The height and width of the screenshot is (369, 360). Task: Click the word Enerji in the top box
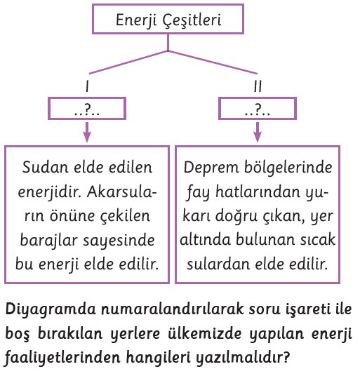point(136,21)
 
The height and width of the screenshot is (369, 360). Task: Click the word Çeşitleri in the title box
point(192,21)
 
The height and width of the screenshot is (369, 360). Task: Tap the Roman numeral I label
point(87,86)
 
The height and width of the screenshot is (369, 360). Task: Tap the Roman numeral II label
point(258,86)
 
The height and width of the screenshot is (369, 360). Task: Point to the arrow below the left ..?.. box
point(87,132)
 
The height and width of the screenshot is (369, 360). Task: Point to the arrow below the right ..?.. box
point(258,132)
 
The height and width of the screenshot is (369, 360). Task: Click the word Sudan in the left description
point(46,168)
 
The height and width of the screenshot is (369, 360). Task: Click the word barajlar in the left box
point(48,241)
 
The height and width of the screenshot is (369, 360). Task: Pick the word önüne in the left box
point(72,216)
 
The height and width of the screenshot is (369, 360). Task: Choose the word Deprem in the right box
point(211,168)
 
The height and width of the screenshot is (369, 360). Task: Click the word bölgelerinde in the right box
point(288,168)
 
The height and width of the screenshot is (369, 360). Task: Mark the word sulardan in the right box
point(218,264)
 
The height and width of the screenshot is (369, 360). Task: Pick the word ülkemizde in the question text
point(205,333)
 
